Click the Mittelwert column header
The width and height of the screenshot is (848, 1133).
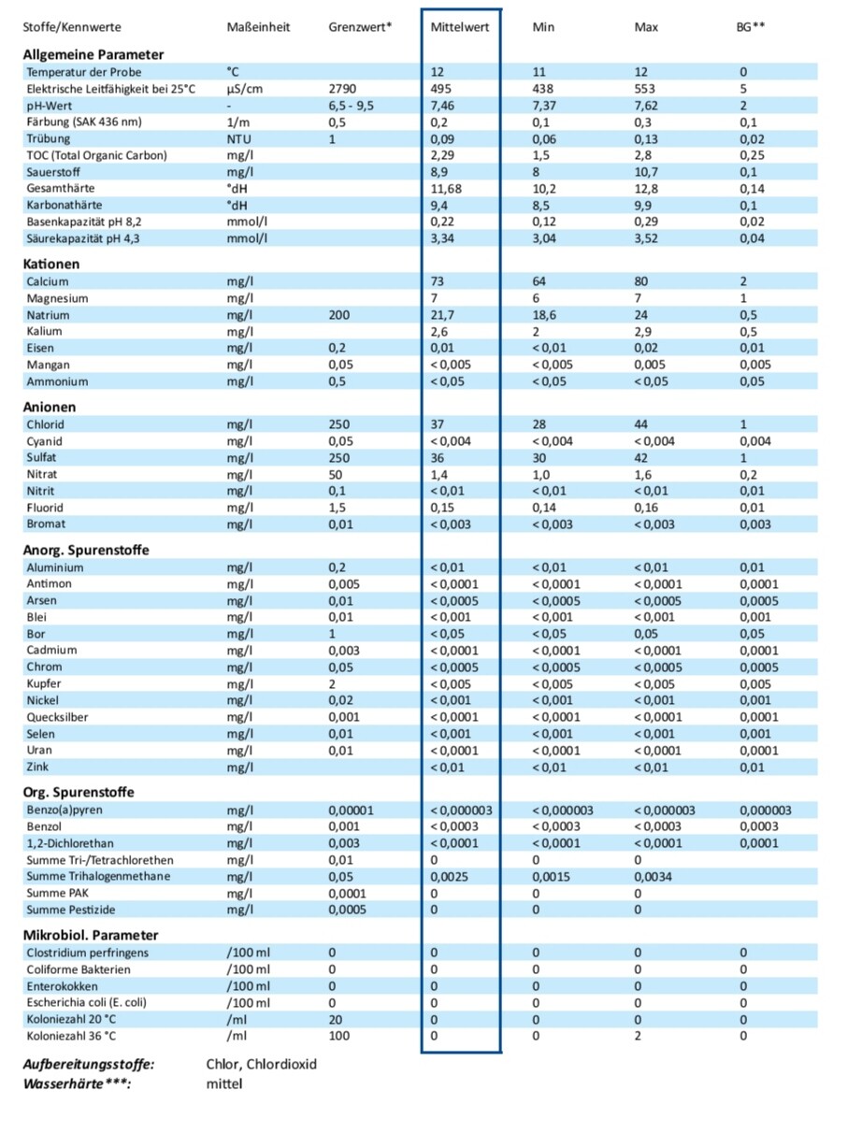coord(459,27)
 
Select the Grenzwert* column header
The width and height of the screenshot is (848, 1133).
coord(360,27)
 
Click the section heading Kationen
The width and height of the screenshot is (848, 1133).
coord(51,265)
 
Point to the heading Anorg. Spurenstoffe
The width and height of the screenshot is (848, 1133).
coord(86,550)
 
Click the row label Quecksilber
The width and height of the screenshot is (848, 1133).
coord(58,717)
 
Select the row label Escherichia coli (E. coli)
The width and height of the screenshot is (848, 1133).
coord(87,1003)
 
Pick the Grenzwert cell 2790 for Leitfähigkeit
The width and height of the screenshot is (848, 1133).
coord(342,89)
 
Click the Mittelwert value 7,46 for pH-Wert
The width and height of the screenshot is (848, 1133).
coord(442,106)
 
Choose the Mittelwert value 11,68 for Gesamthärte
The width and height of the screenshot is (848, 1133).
coord(445,189)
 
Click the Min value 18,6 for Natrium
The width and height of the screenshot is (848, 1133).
coord(544,316)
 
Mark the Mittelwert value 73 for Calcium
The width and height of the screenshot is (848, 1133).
coord(438,281)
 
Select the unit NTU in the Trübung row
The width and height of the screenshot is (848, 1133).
coord(238,138)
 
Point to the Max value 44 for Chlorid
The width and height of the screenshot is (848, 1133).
coord(641,424)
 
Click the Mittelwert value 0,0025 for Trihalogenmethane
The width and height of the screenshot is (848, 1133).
coord(449,877)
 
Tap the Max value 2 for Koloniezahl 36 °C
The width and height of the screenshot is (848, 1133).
coord(638,1037)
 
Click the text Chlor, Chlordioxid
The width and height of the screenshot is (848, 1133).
coord(262,1065)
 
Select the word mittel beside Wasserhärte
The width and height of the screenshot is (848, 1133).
coord(223,1083)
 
